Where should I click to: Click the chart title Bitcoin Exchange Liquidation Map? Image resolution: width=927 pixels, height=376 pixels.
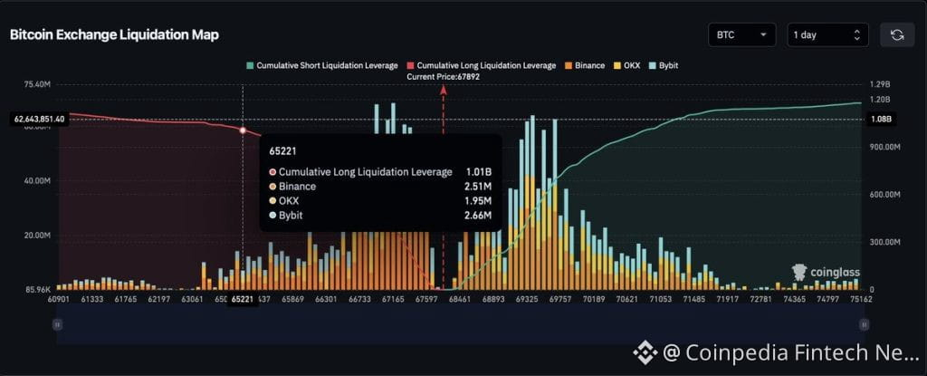tap(114, 34)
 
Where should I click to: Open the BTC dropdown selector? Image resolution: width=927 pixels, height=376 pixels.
tap(741, 34)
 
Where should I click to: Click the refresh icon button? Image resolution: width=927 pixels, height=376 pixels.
tap(897, 34)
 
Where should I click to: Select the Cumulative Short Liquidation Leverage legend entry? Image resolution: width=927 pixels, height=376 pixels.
tap(323, 66)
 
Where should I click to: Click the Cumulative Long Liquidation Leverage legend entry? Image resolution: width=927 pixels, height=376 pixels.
tap(482, 66)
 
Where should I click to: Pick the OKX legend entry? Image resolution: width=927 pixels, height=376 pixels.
tap(632, 66)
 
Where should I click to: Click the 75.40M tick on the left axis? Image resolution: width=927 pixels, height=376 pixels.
tap(36, 84)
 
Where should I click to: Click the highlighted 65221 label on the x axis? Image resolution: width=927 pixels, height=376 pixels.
tap(243, 299)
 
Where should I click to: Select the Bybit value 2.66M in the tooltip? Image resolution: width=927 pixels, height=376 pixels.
tap(477, 215)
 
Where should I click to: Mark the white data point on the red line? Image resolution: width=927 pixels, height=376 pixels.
tap(243, 130)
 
